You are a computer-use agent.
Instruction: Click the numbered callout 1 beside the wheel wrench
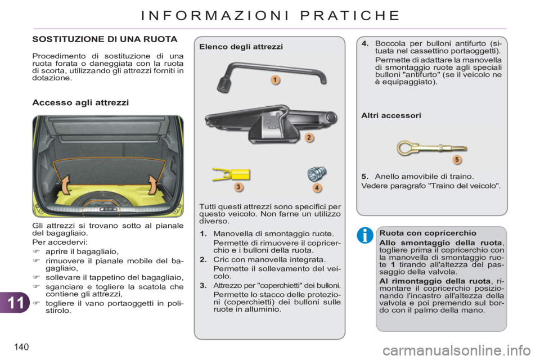[x=275, y=80]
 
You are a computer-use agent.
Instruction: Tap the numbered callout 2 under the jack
[x=309, y=137]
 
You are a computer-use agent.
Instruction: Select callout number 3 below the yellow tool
[x=238, y=186]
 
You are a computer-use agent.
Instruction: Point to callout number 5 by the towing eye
[x=457, y=160]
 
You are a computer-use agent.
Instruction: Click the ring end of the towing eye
[x=406, y=148]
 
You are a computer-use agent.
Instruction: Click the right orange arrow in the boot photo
[x=152, y=183]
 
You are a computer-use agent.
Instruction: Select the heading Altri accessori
[x=391, y=115]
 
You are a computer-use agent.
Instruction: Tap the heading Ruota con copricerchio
[x=420, y=233]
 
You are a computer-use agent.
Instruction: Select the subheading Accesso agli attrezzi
[x=80, y=103]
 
